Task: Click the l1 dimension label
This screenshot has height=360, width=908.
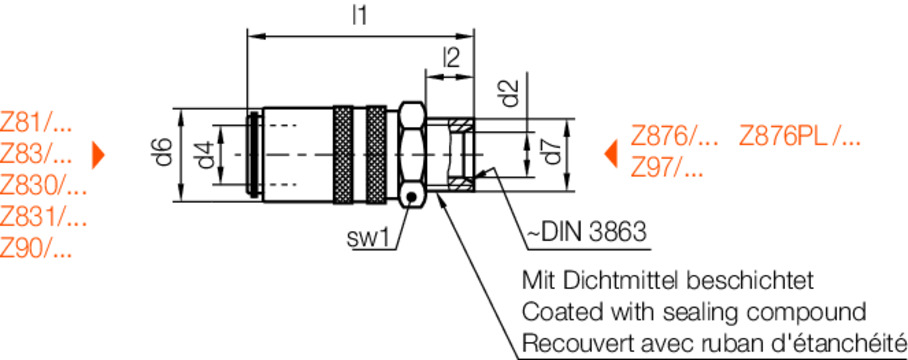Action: point(360,16)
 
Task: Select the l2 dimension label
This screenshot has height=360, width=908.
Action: point(452,57)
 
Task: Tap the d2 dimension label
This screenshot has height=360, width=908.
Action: point(509,93)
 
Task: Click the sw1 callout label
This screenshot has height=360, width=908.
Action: point(366,238)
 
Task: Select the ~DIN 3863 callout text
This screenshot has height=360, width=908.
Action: point(585,233)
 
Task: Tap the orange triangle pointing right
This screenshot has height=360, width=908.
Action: point(98,155)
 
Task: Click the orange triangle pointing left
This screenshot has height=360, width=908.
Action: point(610,154)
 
